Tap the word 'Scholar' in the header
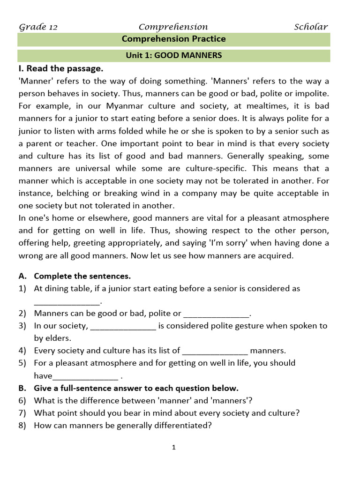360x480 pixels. point(311,27)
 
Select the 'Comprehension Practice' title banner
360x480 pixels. point(173,39)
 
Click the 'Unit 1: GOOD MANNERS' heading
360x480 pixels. point(173,55)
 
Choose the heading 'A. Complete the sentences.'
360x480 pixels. point(82,276)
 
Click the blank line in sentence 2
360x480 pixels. point(217,314)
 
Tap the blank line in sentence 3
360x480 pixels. point(123,326)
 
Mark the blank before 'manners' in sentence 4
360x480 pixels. point(215,351)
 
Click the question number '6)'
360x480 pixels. point(22,400)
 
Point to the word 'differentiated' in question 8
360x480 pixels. point(184,426)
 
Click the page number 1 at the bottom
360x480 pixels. point(173,448)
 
